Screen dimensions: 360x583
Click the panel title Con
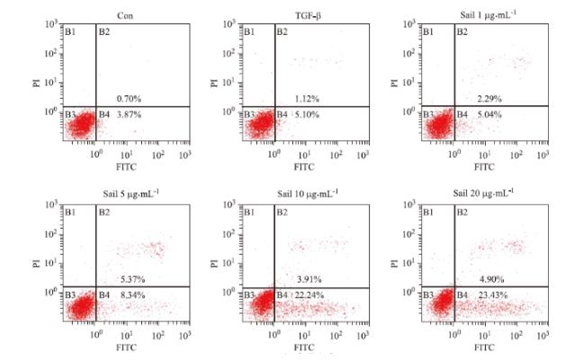[125, 13]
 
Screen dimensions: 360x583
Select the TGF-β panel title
[306, 13]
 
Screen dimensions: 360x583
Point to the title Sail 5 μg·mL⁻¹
[125, 193]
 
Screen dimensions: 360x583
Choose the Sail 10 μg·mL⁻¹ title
[307, 193]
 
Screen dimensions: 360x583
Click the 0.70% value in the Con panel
[129, 97]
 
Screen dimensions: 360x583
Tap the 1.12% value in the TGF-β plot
[309, 97]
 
